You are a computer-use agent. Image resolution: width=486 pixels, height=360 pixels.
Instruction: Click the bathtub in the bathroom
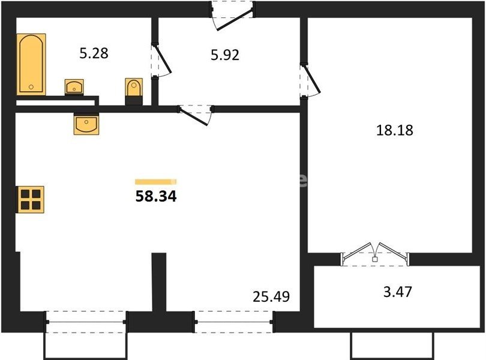pos(31,64)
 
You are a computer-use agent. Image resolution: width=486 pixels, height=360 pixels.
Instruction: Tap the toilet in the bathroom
pos(134,91)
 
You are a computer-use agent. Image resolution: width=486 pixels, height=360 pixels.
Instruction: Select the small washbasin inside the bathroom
pos(74,87)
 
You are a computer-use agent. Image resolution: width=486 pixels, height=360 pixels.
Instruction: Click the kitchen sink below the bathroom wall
pos(86,124)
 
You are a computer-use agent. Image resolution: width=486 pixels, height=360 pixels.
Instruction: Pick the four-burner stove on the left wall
pos(30,199)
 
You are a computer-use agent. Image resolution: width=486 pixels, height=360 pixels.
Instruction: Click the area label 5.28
pos(94,53)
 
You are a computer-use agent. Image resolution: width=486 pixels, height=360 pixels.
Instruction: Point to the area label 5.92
pos(225,55)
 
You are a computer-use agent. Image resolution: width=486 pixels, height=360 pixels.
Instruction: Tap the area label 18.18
pos(395,130)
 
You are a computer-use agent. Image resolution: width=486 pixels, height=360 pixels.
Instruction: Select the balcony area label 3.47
pos(398,292)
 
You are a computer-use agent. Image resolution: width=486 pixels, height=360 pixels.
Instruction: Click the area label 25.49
pos(271,296)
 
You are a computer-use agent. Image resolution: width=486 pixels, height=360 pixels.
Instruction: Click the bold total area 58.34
pos(156,196)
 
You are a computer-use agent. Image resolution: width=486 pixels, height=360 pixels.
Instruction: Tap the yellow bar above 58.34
pos(155,182)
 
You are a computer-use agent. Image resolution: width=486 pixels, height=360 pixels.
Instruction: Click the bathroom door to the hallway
pos(161,61)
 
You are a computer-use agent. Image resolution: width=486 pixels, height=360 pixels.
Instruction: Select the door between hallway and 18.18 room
pos(310,80)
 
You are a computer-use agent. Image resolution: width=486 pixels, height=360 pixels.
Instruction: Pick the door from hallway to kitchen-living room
pos(195,115)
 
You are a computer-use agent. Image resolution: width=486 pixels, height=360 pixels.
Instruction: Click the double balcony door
pos(375,254)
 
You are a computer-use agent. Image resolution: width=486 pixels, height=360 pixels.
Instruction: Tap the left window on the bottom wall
pos(86,322)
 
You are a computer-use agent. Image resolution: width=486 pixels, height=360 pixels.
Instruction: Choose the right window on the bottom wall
pos(234,322)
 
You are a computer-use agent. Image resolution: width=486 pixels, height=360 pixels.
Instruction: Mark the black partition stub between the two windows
pos(159,281)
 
